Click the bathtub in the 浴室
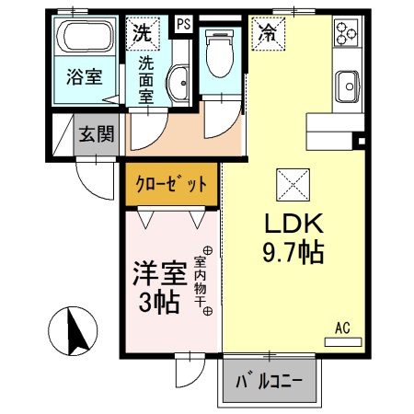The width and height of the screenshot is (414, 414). point(85,40)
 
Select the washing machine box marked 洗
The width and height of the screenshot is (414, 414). point(142,33)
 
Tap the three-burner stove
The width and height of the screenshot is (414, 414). point(347,34)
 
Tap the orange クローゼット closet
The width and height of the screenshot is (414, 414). point(172,184)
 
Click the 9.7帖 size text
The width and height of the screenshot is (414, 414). point(293,252)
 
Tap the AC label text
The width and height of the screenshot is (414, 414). point(342,328)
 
